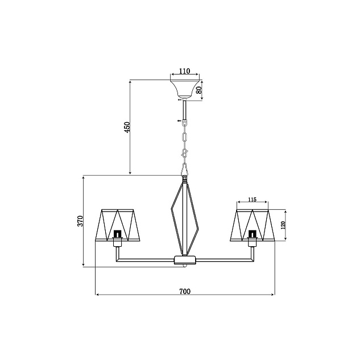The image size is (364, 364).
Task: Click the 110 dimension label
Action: (x=185, y=71)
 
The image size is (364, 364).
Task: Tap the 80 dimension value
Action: (x=199, y=90)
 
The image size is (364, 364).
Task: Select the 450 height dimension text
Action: (x=127, y=127)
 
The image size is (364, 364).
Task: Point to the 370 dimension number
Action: (x=80, y=221)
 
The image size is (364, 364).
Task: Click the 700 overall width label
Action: (x=185, y=291)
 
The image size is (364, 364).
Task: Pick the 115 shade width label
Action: (x=252, y=200)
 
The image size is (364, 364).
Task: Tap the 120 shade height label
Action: (x=283, y=225)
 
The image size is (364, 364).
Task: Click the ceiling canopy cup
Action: (x=185, y=89)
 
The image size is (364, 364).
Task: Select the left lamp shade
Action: (x=118, y=225)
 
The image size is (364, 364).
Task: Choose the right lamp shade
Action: (x=253, y=225)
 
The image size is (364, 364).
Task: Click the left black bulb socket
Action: (x=118, y=234)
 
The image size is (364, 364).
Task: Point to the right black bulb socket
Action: (x=251, y=234)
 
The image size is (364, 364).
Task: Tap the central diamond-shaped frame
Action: (x=171, y=209)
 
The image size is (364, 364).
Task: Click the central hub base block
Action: (x=185, y=260)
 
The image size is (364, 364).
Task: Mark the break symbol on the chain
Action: (x=185, y=153)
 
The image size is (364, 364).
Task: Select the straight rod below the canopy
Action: (x=185, y=109)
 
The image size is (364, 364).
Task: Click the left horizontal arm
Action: (x=145, y=260)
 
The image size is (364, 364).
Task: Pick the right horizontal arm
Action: (x=225, y=260)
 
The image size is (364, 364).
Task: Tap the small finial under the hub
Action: (x=185, y=266)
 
